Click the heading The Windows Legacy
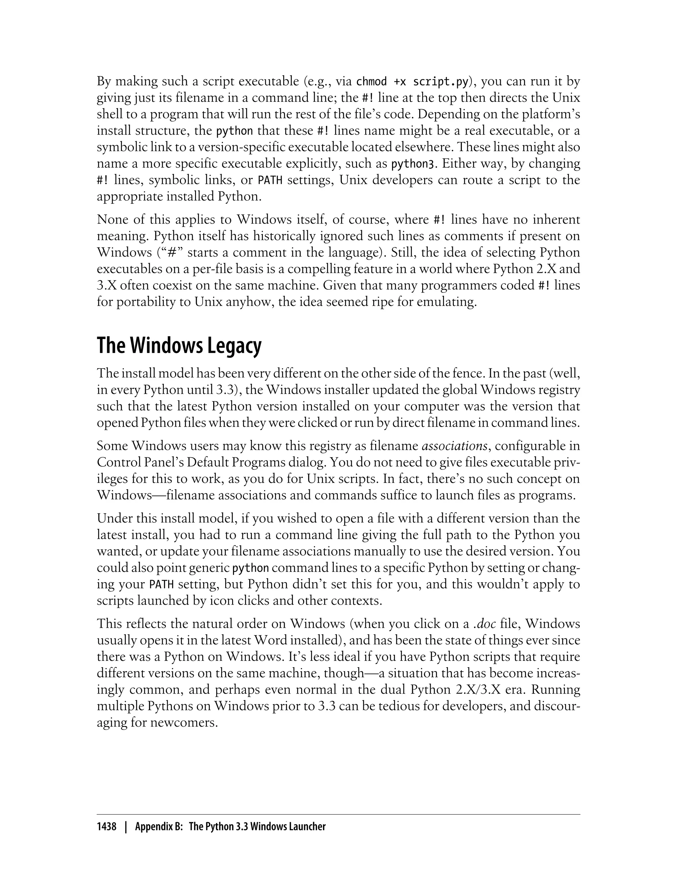tap(179, 346)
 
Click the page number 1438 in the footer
tap(106, 826)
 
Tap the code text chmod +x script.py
tap(412, 81)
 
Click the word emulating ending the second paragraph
tap(445, 302)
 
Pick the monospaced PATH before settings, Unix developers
tap(270, 180)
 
